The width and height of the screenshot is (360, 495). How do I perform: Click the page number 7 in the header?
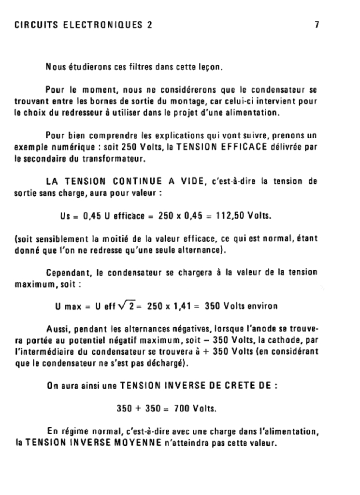tap(317, 26)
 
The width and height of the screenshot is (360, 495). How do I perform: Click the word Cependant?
tap(68, 272)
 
